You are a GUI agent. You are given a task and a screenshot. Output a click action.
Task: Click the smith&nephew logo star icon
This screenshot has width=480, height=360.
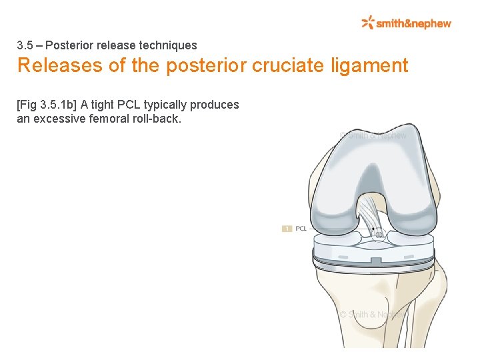(x=367, y=23)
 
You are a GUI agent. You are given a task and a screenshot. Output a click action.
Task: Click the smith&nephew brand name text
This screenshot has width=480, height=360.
(x=413, y=23)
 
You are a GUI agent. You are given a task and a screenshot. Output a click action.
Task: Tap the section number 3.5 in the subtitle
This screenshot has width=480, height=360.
(x=25, y=45)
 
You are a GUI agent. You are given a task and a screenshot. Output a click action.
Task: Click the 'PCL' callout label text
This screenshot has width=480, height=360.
(x=301, y=229)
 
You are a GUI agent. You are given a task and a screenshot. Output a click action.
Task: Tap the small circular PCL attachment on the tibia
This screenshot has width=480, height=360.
(x=379, y=235)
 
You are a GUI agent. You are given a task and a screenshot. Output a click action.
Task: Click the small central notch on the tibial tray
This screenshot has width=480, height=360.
(x=375, y=259)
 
